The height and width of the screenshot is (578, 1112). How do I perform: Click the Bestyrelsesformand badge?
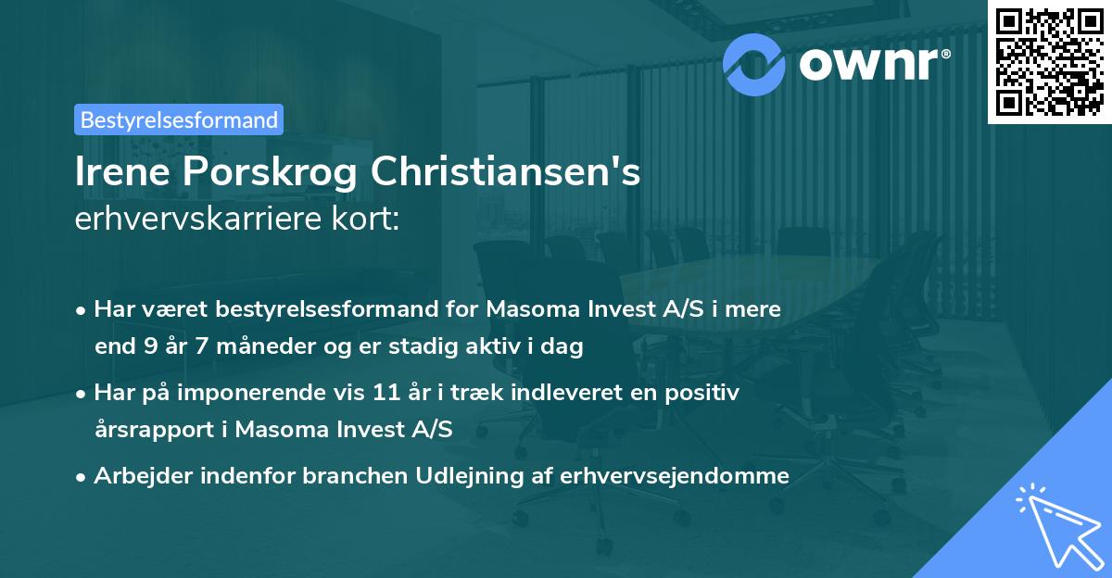(x=179, y=119)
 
